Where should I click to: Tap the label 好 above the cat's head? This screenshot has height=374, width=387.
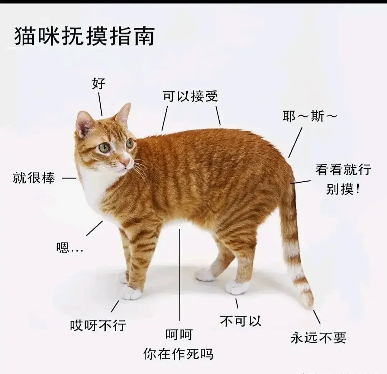pos(99,84)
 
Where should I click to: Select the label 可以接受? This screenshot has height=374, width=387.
pos(190,96)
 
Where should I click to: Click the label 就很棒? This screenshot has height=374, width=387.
pos(34,178)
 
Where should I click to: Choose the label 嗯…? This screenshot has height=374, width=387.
pos(69,248)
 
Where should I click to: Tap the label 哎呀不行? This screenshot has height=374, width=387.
pos(98,326)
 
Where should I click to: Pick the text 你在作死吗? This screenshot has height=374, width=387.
pos(178,354)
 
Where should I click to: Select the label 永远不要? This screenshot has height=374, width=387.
pos(318,338)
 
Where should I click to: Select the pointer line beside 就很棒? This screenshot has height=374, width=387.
pos(69,178)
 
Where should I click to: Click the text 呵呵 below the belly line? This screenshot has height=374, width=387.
pos(179,335)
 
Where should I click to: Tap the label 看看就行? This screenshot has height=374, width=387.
pos(343,170)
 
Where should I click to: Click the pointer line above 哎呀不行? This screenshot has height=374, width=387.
pos(115,306)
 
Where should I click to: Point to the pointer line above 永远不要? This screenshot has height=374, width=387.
pos(317,317)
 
